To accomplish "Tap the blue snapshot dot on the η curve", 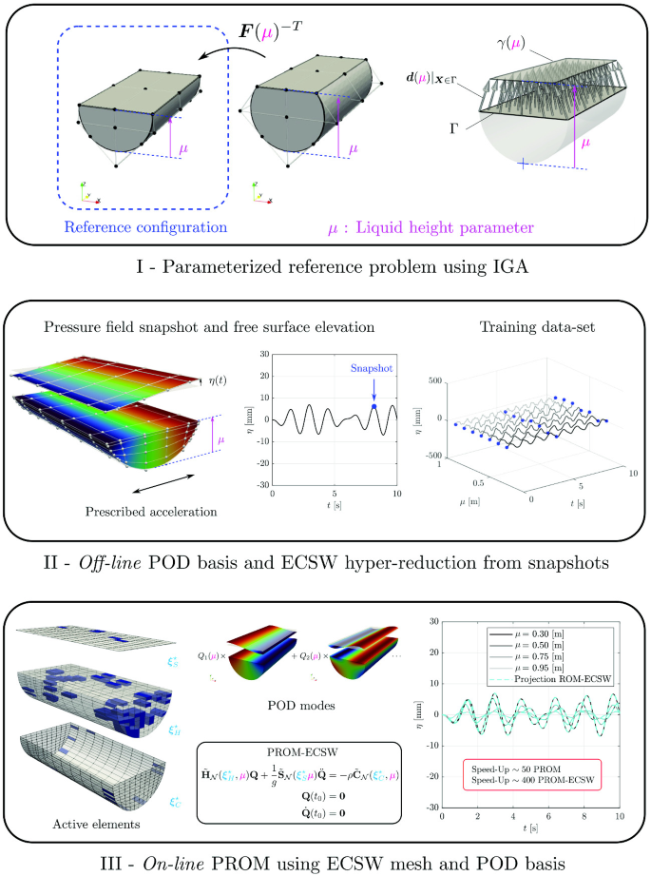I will [373, 407].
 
